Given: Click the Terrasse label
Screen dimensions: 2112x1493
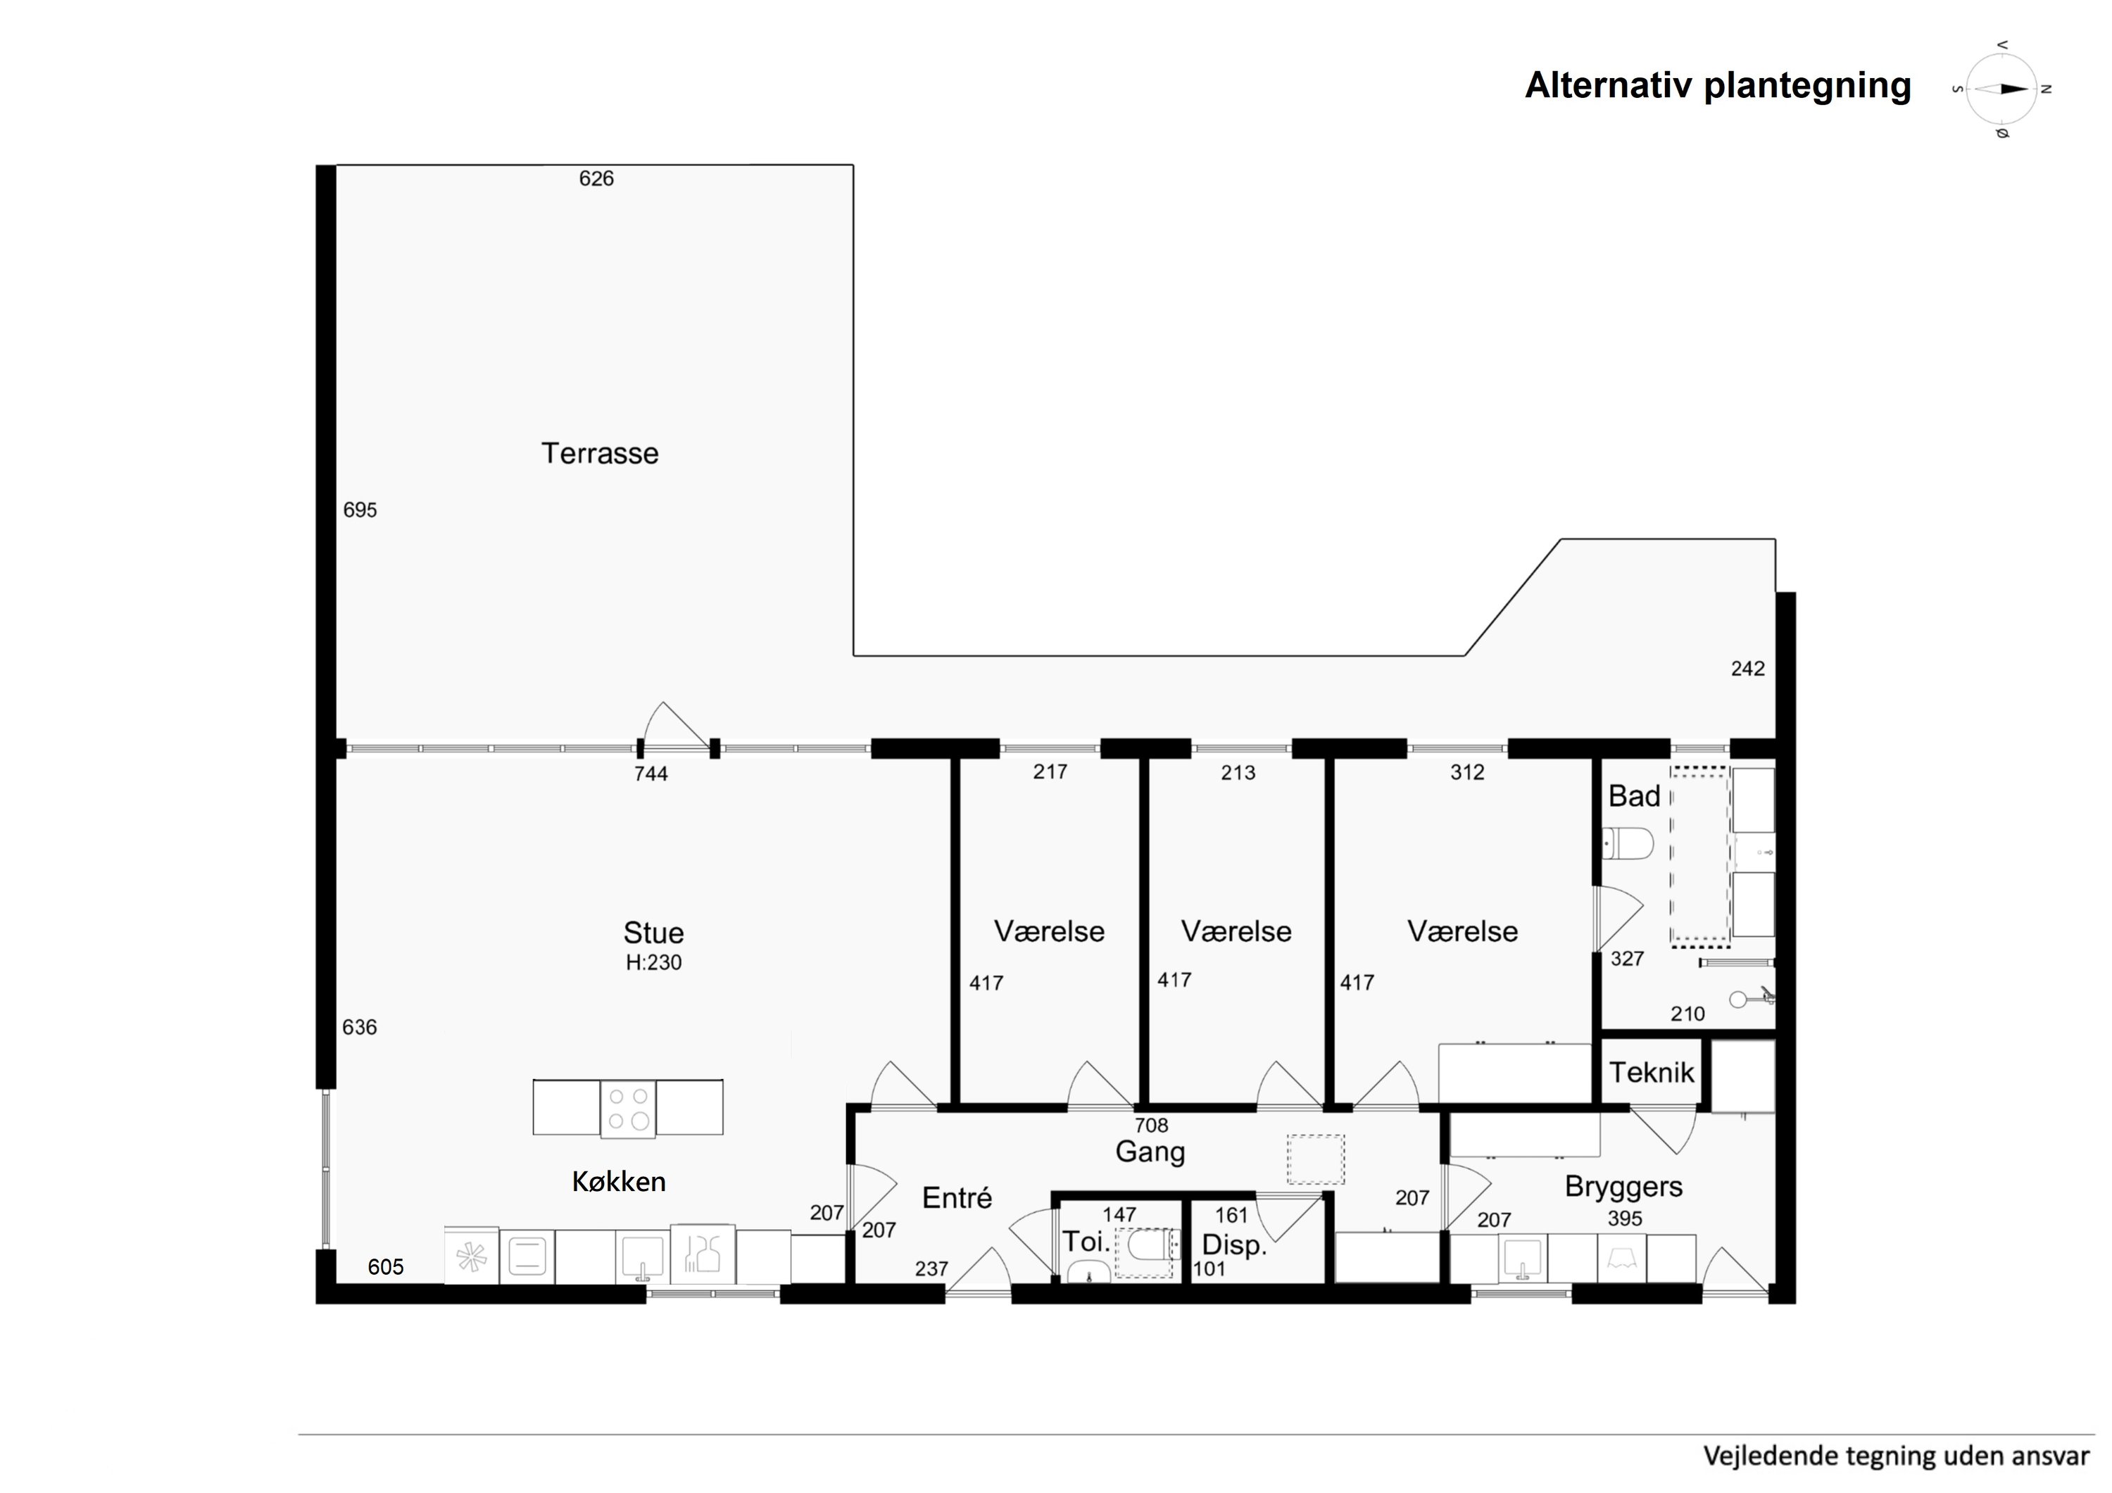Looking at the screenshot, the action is tap(600, 453).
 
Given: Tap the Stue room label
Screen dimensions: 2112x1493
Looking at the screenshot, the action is tap(653, 933).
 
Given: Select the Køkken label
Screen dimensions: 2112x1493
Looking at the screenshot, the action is tap(619, 1181).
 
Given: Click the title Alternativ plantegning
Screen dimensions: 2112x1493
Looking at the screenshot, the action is tap(1717, 86).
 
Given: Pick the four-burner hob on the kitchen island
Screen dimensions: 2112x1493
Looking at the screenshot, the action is tap(628, 1109).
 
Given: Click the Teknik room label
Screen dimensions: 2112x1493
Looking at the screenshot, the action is tap(1651, 1073).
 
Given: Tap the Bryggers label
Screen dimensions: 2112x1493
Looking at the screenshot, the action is tap(1623, 1188).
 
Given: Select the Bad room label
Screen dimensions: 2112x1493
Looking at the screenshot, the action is tap(1634, 795).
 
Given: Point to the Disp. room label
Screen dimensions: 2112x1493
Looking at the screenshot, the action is tap(1234, 1245).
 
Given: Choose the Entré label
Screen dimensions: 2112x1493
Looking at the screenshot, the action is tap(957, 1198).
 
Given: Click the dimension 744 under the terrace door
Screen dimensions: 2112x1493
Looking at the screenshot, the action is tap(650, 774).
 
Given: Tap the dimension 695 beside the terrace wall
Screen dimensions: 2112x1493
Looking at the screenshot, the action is tap(360, 510).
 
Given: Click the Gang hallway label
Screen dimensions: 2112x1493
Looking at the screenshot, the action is tap(1150, 1152).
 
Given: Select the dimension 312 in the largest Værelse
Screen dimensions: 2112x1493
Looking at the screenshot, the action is tap(1467, 773).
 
